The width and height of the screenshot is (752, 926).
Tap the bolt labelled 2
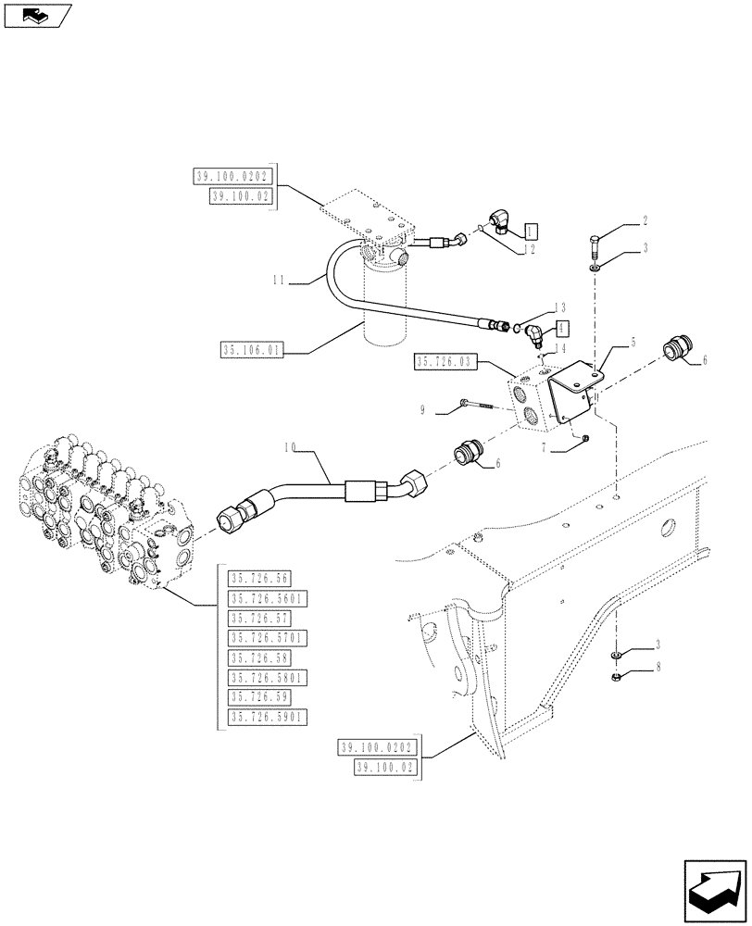(x=593, y=246)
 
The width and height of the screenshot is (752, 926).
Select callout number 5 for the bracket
(x=633, y=343)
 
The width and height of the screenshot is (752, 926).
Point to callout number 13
(x=559, y=307)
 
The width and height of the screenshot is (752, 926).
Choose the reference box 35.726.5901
(x=268, y=717)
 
